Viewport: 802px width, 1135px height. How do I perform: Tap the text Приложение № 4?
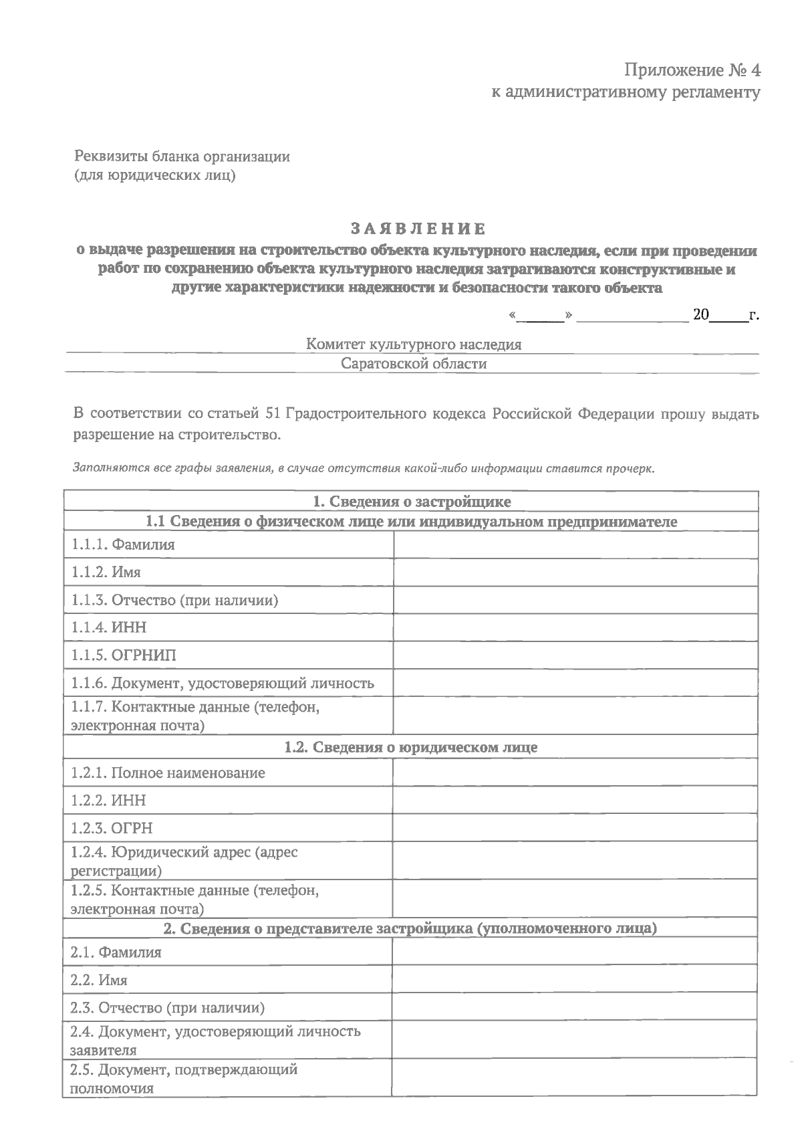click(692, 70)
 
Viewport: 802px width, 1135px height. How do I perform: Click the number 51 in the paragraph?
click(272, 414)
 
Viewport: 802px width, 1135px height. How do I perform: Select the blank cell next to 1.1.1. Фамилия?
click(576, 545)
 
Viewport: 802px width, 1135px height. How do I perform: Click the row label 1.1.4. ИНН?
click(109, 627)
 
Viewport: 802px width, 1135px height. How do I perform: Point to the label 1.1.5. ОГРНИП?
click(124, 655)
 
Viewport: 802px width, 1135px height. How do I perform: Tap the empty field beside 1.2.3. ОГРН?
click(575, 828)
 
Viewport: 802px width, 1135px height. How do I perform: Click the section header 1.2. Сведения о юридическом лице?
click(410, 747)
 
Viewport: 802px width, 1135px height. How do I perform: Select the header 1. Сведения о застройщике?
click(412, 502)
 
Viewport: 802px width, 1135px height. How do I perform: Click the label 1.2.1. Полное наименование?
click(168, 773)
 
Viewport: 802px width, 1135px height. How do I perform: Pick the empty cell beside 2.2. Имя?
click(575, 981)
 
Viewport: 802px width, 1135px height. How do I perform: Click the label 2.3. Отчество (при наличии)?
click(168, 1008)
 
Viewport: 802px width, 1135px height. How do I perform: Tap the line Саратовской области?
click(414, 364)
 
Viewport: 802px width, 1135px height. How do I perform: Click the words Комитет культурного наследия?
click(414, 344)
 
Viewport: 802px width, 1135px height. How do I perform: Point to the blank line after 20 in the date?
click(731, 316)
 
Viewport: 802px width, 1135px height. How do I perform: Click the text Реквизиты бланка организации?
click(182, 157)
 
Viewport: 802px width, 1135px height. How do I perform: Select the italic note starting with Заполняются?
click(364, 468)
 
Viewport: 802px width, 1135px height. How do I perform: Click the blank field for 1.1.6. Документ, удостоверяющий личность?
click(576, 684)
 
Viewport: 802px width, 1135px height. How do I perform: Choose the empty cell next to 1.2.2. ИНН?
click(575, 801)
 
